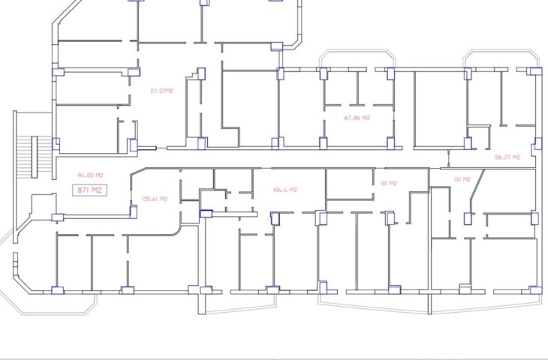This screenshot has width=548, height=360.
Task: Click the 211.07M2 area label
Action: [x=161, y=91]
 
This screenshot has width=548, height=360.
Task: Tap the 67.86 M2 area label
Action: [x=357, y=118]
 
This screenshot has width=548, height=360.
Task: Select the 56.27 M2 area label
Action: [x=507, y=157]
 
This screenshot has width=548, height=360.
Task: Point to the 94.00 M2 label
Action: [x=90, y=175]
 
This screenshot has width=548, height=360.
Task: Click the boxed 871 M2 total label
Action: [x=89, y=190]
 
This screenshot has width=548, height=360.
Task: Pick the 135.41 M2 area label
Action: [x=155, y=199]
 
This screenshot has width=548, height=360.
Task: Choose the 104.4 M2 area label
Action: [x=285, y=190]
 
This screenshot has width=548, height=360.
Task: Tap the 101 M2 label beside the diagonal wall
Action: [x=462, y=179]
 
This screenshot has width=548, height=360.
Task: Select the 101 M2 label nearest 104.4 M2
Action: [x=389, y=183]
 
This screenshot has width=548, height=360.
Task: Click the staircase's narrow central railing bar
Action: [x=35, y=157]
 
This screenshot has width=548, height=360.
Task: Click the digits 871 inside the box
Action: [x=83, y=190]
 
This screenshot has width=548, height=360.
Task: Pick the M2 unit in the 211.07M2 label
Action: [x=169, y=91]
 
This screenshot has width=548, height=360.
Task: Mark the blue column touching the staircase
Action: [x=56, y=144]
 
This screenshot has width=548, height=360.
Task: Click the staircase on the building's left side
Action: [x=34, y=157]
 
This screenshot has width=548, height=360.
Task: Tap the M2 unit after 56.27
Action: [x=516, y=157]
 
